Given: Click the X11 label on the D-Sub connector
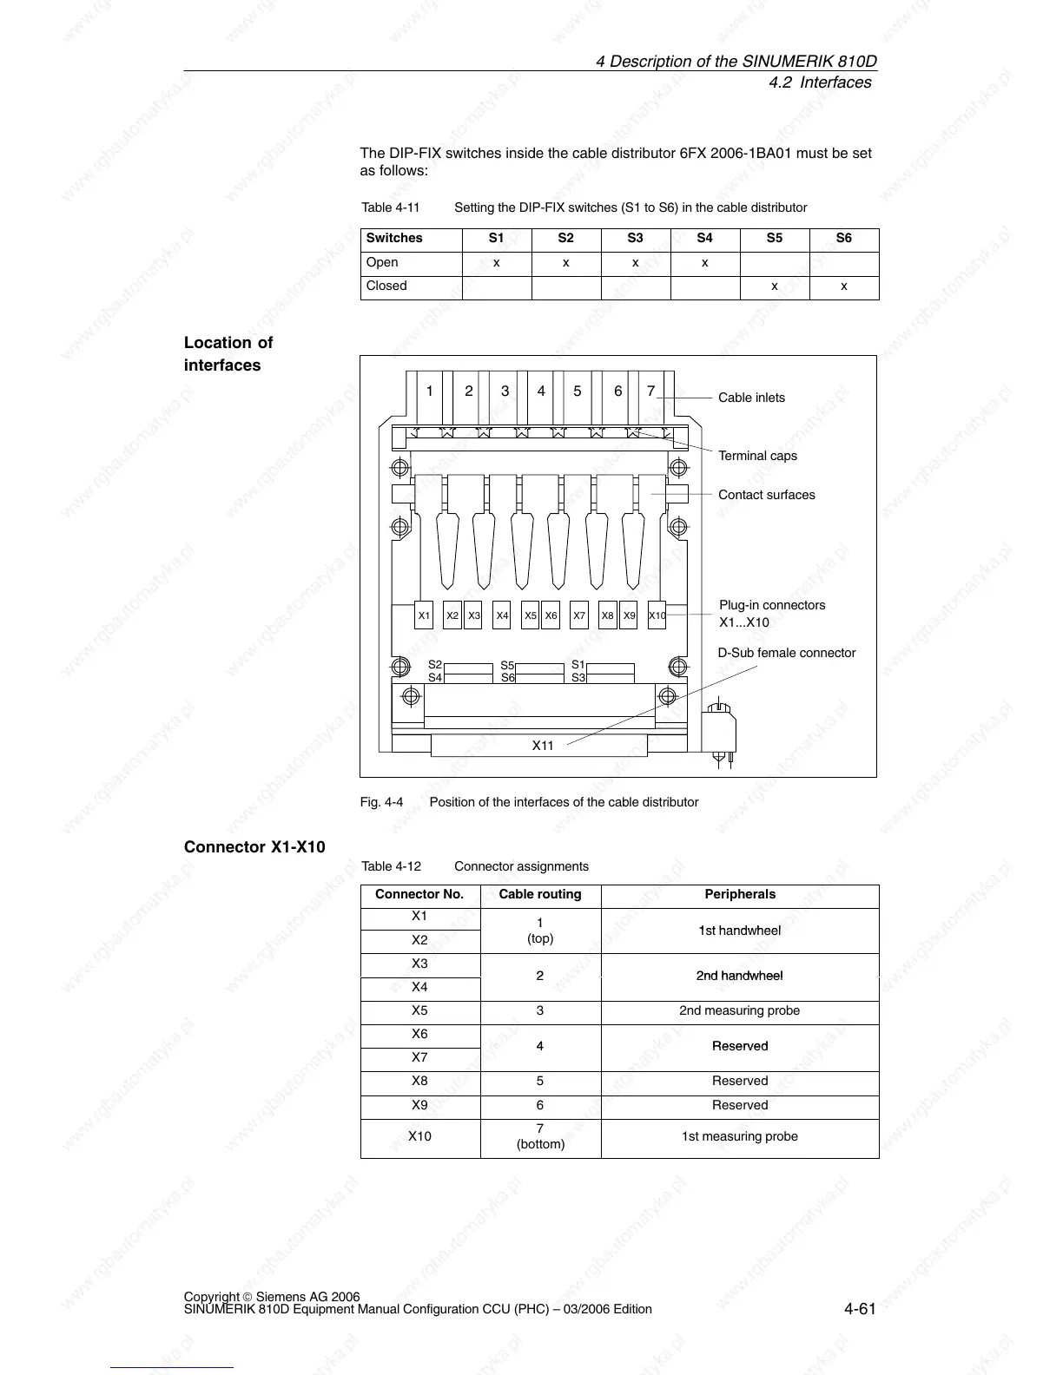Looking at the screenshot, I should (542, 746).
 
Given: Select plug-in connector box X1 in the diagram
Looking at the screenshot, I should (424, 615).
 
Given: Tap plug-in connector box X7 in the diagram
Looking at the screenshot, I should (579, 615).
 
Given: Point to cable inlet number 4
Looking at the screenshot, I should (541, 391).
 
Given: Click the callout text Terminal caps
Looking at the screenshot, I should (757, 456).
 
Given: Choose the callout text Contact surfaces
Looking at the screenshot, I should (766, 495).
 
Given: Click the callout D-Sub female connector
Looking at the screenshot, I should (786, 653).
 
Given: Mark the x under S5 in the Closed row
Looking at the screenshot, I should (774, 286).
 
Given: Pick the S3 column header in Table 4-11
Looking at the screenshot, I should (635, 238).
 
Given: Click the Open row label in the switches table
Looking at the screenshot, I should (382, 262).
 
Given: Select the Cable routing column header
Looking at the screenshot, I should (540, 894).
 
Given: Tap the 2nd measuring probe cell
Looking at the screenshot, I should (739, 1010).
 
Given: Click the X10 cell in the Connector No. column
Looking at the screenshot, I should (419, 1136).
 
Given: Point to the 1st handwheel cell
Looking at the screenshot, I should (739, 931).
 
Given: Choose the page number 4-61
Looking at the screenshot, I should (859, 1309).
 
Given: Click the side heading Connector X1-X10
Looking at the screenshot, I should (254, 846).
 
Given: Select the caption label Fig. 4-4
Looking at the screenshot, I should (381, 802).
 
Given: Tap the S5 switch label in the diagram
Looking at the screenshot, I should (508, 666).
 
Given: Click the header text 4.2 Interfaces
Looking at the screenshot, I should (820, 82).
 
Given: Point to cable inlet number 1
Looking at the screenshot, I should (429, 391).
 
